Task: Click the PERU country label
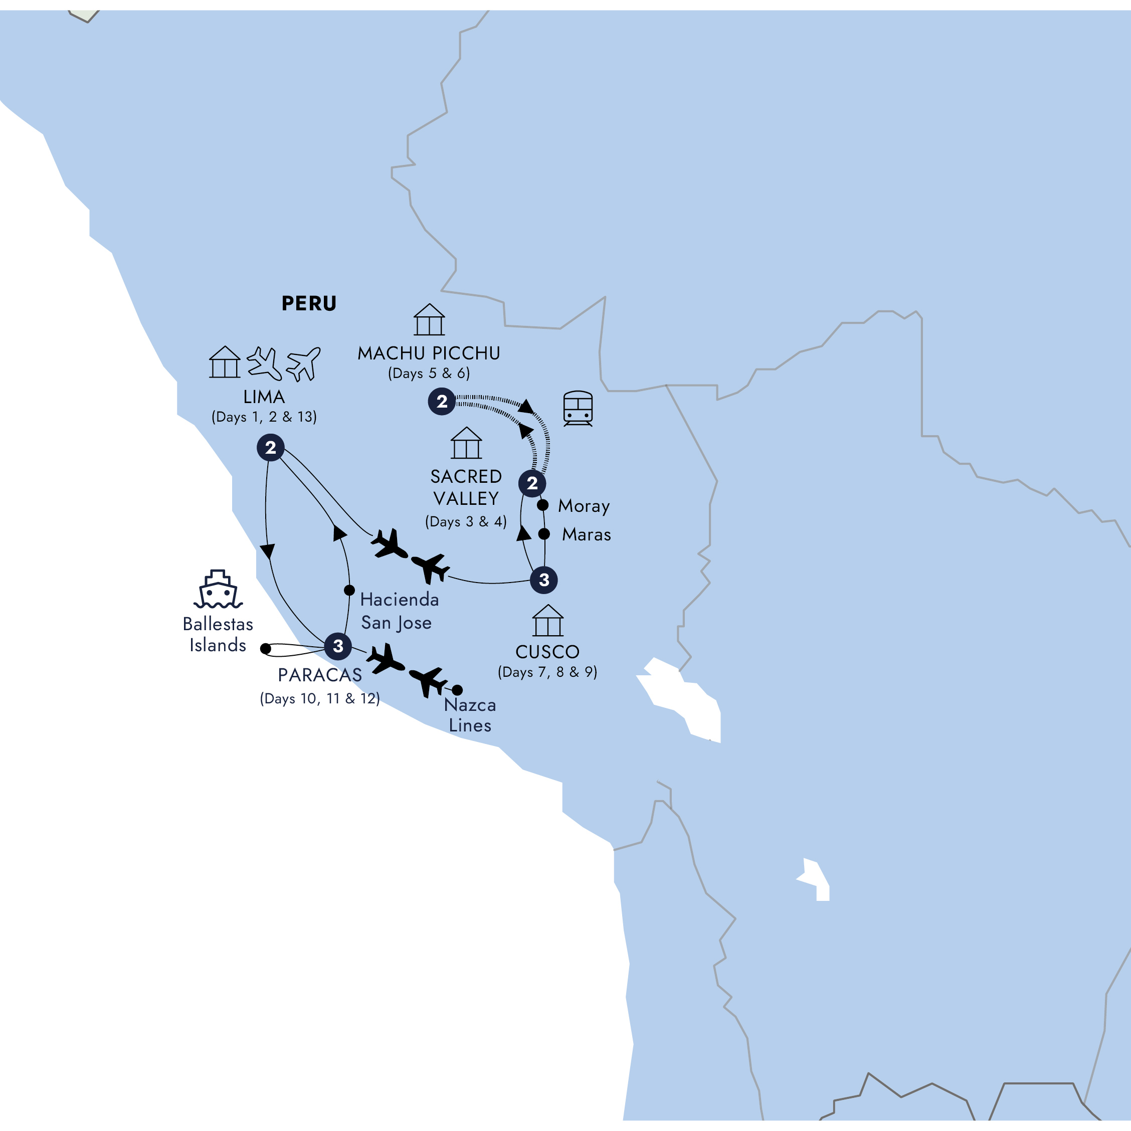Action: tap(309, 303)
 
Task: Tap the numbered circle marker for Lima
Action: tap(270, 448)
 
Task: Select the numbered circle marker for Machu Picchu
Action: tap(442, 402)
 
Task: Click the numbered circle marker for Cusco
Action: tap(544, 580)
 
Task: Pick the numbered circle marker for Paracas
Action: tap(338, 646)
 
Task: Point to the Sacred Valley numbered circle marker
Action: tap(532, 484)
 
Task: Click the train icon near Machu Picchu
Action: tap(578, 408)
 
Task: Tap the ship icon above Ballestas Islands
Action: tap(219, 590)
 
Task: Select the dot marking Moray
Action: tap(542, 505)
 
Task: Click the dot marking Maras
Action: tap(544, 534)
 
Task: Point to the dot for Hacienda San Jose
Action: tap(349, 590)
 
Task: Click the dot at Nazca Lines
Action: tap(457, 690)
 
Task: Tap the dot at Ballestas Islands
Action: tap(266, 649)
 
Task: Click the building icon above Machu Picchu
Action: tap(429, 320)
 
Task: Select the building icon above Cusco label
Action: tap(548, 621)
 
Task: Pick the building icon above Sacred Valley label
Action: tap(466, 443)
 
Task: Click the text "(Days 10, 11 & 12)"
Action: tap(320, 698)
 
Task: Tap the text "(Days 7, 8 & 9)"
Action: tap(547, 672)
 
